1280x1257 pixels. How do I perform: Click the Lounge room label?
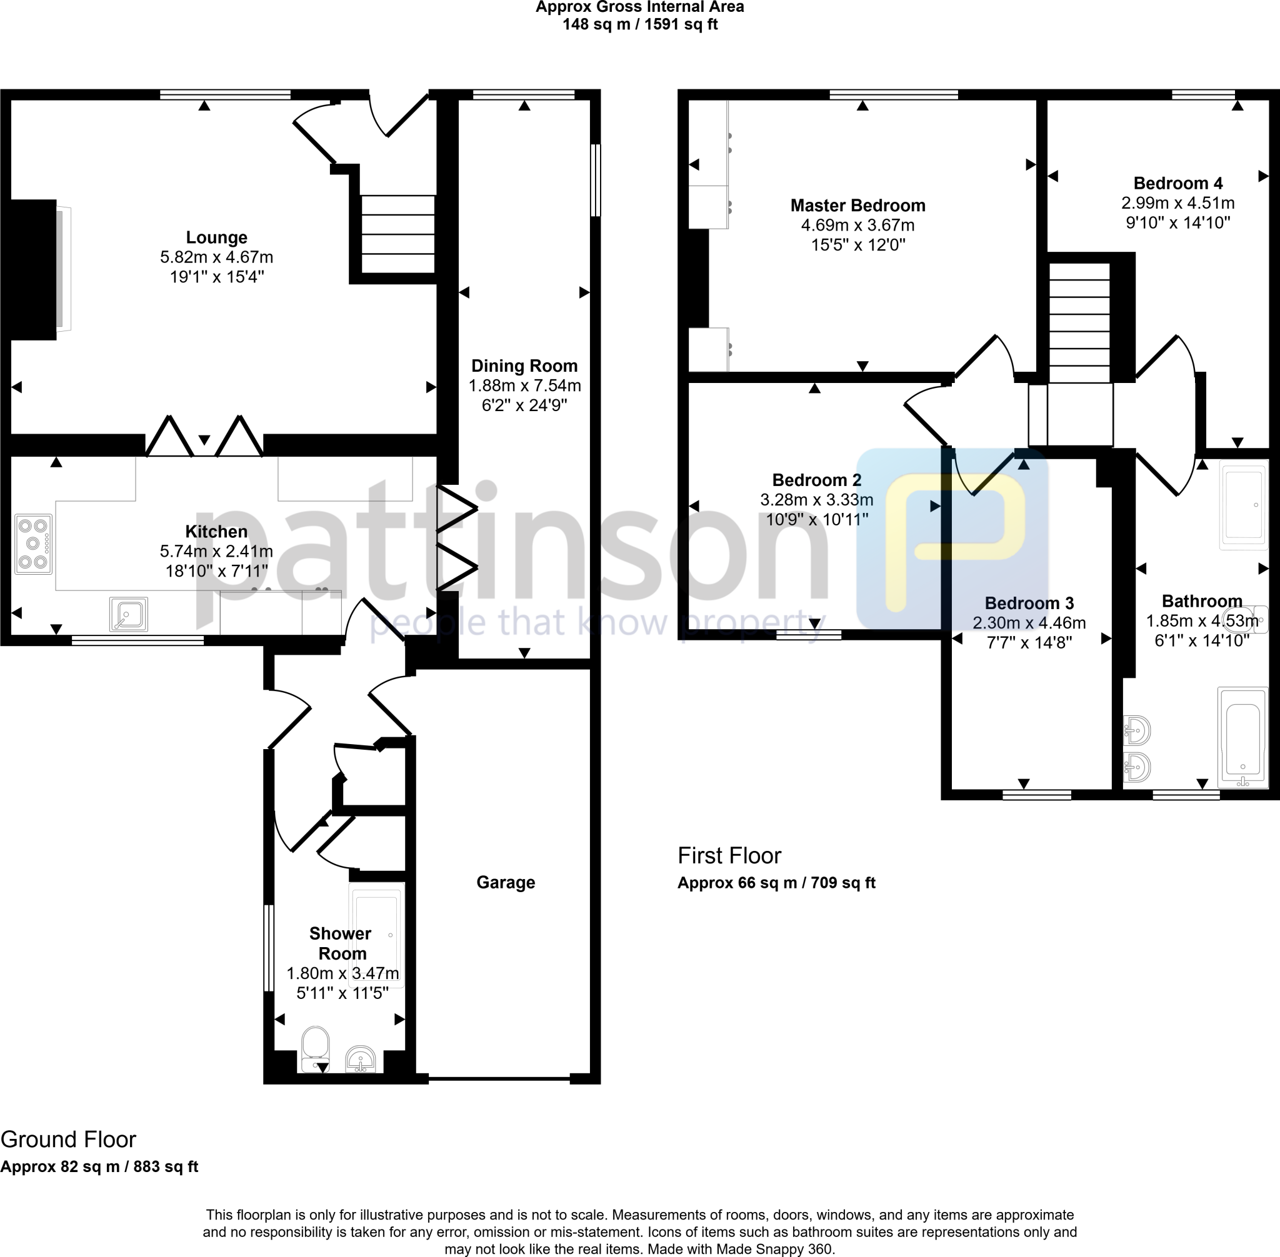pos(216,237)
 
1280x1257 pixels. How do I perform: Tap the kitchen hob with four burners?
pos(34,544)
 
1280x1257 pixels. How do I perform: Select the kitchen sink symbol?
pos(129,614)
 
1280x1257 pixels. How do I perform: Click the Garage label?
pos(505,882)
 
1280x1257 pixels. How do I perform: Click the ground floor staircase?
pos(397,234)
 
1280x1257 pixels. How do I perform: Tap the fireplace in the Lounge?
pos(33,269)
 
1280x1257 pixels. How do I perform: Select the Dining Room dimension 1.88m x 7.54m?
pos(524,385)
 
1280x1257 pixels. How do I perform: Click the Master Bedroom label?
pos(857,206)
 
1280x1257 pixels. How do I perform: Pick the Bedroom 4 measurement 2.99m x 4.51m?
pos(1177,203)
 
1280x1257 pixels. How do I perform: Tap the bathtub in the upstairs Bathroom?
pos(1242,737)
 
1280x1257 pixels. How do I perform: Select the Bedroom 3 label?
pos(1028,603)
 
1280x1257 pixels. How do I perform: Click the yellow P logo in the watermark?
pos(953,538)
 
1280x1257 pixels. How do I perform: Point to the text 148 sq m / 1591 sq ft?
pos(639,25)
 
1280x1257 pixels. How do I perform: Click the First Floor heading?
pos(729,856)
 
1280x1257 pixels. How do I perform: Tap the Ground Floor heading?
pos(68,1140)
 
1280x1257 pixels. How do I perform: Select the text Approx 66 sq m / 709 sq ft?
pos(776,883)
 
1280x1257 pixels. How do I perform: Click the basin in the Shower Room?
pos(361,1060)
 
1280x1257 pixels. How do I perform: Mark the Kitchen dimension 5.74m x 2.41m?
pos(216,551)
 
